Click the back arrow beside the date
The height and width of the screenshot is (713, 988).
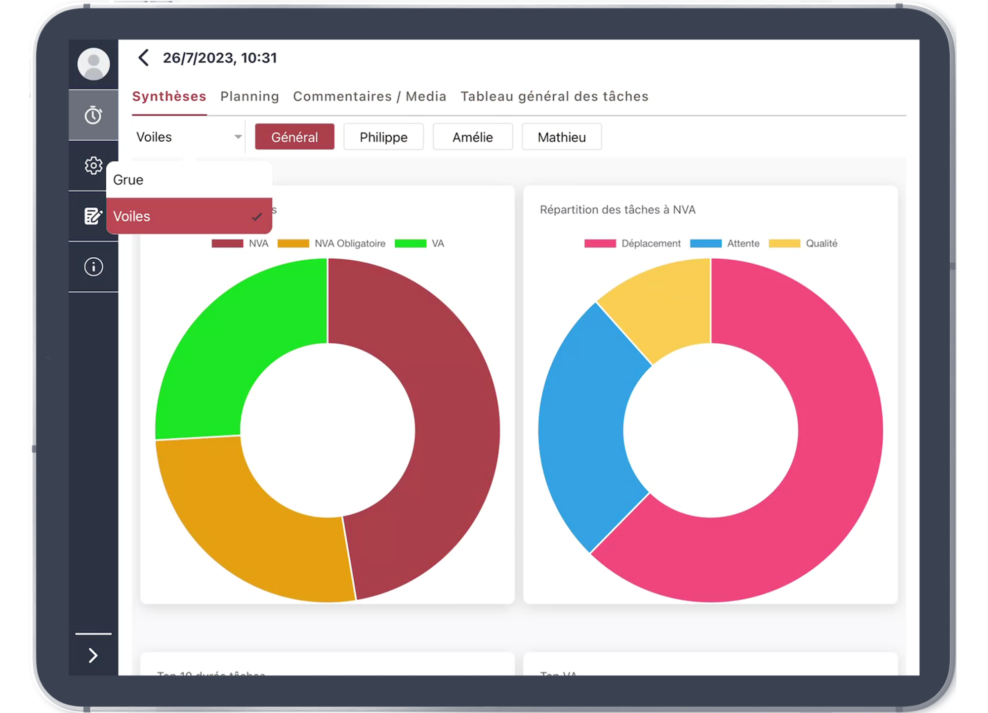(x=144, y=58)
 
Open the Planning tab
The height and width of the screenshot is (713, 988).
(x=249, y=96)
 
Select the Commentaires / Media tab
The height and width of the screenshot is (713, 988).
(x=370, y=96)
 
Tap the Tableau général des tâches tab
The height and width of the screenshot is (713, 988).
(x=554, y=96)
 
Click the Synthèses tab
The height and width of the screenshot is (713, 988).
(x=169, y=96)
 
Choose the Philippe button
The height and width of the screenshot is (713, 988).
(x=383, y=137)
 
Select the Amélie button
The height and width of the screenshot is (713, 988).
(x=473, y=137)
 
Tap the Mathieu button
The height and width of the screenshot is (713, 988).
(x=562, y=137)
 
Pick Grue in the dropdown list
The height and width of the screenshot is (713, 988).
(x=128, y=180)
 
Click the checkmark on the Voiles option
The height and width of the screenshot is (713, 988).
(x=256, y=216)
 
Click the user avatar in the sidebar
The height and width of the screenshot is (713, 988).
(x=93, y=64)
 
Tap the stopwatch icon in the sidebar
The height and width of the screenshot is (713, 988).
(x=93, y=115)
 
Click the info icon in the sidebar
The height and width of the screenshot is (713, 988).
(x=93, y=267)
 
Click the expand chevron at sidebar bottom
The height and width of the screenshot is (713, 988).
(x=93, y=655)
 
